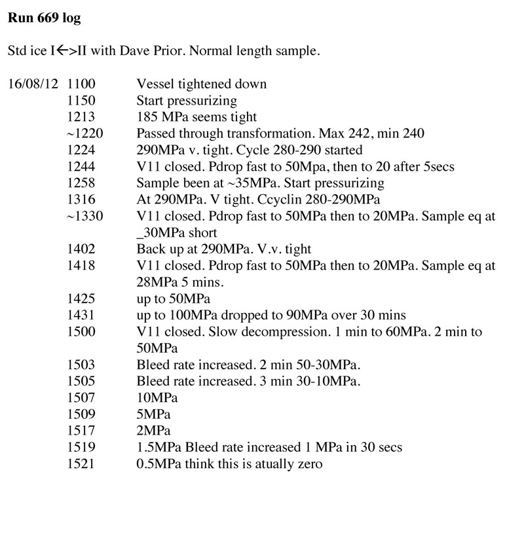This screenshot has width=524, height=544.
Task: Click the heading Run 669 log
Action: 44,19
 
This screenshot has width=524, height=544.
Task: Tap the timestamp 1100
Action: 81,84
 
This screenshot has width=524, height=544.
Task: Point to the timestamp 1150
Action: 81,101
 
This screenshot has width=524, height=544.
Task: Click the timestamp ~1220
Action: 84,134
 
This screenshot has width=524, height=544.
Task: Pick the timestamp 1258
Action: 81,183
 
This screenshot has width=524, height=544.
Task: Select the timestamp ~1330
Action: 84,216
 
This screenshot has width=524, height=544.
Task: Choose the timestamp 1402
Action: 81,249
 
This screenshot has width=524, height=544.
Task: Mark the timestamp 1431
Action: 81,315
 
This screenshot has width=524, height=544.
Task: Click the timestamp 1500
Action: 81,332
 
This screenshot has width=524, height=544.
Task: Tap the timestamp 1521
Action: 81,464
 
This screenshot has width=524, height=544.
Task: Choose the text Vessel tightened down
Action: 201,84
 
